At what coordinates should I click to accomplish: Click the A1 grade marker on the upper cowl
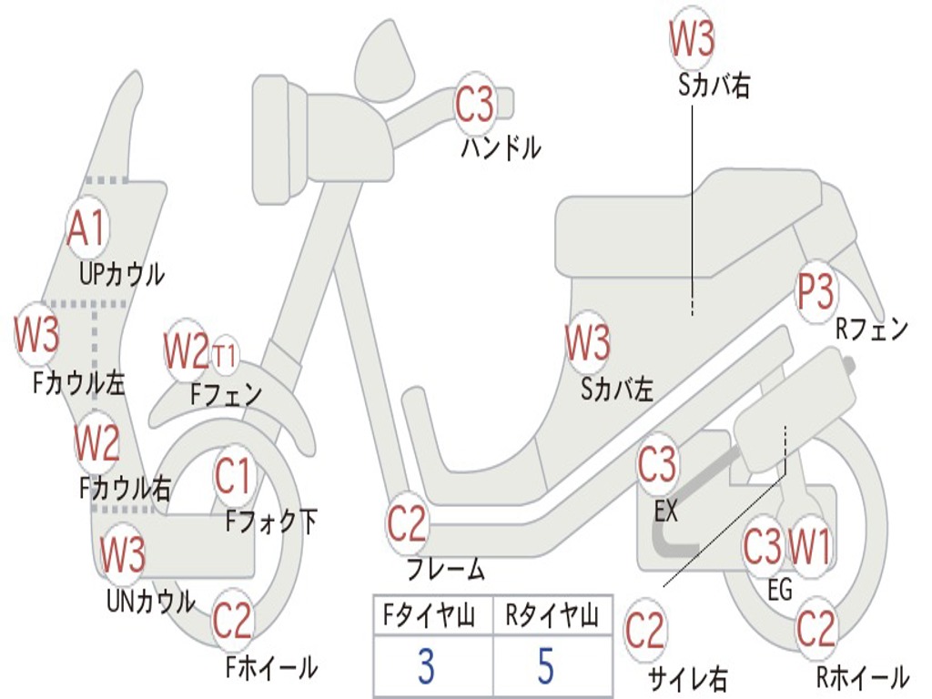pyautogui.click(x=87, y=228)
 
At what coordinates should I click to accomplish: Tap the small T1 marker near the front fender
pyautogui.click(x=225, y=356)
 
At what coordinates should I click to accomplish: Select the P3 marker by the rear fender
pyautogui.click(x=815, y=292)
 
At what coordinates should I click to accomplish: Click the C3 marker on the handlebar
pyautogui.click(x=474, y=104)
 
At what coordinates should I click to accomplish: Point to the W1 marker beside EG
pyautogui.click(x=808, y=546)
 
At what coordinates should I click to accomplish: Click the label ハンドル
pyautogui.click(x=501, y=147)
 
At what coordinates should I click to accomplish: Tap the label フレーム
pyautogui.click(x=446, y=570)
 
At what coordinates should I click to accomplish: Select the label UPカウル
pyautogui.click(x=122, y=274)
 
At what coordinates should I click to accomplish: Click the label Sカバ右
pyautogui.click(x=714, y=85)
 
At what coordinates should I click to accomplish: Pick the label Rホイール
pyautogui.click(x=863, y=676)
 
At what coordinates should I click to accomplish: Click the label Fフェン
pyautogui.click(x=227, y=393)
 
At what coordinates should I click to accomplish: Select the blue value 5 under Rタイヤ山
pyautogui.click(x=546, y=665)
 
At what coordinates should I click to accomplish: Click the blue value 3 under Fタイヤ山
pyautogui.click(x=426, y=665)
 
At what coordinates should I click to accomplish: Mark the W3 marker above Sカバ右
pyautogui.click(x=692, y=37)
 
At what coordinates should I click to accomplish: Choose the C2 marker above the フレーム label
pyautogui.click(x=407, y=523)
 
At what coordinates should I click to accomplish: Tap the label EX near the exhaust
pyautogui.click(x=665, y=512)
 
